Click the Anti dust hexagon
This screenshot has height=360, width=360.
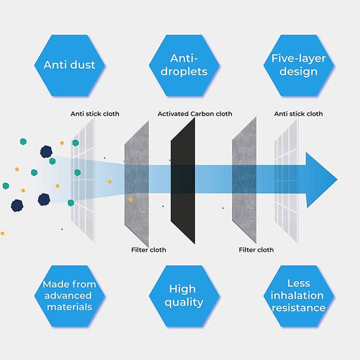point(69,65)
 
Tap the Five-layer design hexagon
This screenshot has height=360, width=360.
point(298,65)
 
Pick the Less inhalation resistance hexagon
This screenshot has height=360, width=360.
point(298,295)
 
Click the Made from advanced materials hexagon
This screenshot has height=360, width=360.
point(69,295)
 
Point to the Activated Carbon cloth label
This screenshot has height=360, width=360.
point(194,114)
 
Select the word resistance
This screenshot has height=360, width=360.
point(298,308)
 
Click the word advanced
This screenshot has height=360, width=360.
point(69,295)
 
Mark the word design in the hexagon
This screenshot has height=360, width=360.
point(298,71)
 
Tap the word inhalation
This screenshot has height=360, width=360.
point(298,295)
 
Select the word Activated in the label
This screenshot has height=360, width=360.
point(173,114)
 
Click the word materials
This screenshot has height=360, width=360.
point(69,307)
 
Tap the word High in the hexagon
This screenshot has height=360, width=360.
point(182,289)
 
